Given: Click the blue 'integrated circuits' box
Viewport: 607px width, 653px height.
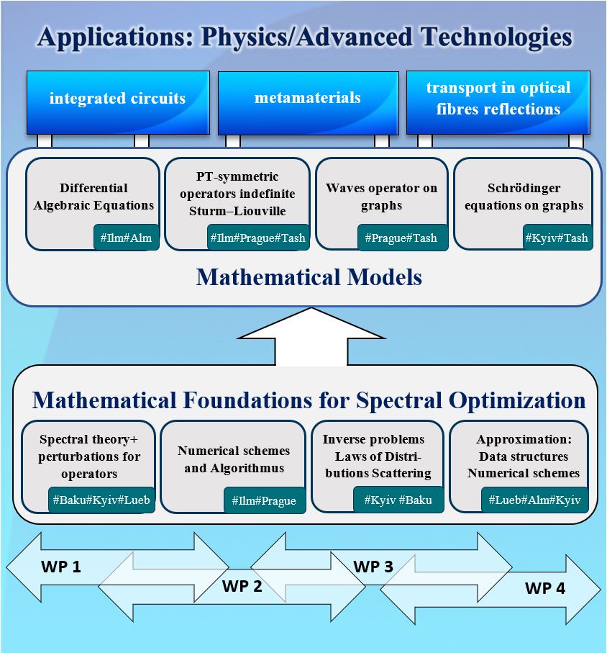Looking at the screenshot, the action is [x=118, y=102].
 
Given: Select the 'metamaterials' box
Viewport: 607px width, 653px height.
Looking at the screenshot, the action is [x=309, y=103].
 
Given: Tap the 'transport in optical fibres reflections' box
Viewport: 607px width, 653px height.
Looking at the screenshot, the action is [x=498, y=102].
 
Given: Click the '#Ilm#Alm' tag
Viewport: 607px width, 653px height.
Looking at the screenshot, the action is [x=127, y=238].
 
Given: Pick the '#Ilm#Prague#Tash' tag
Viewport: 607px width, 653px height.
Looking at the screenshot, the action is [x=258, y=238].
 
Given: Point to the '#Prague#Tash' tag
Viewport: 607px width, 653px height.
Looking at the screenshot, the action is [x=402, y=238].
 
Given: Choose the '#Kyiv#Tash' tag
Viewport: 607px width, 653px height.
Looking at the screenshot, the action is [x=557, y=238].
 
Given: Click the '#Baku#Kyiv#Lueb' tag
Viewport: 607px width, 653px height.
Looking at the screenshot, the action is [x=101, y=500].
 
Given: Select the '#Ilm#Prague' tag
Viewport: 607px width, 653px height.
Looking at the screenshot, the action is [x=265, y=500].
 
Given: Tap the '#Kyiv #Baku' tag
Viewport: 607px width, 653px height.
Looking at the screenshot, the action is [x=398, y=500].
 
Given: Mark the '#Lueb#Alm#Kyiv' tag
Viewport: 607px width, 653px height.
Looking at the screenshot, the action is [x=535, y=500].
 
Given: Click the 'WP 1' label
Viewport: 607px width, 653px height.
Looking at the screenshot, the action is [x=60, y=567].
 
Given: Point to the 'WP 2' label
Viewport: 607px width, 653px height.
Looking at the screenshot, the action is [x=242, y=586].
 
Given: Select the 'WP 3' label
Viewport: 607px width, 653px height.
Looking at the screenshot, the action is [x=373, y=567].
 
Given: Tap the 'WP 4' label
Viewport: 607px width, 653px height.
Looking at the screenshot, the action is [x=545, y=588].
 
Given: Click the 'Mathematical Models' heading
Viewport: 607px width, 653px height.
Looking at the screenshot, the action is [x=309, y=277].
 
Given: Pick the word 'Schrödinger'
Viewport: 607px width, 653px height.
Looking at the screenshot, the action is [x=524, y=188].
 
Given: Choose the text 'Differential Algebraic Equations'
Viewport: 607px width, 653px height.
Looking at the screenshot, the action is [x=93, y=197].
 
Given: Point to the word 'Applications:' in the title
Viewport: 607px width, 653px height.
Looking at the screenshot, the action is [x=116, y=37].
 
